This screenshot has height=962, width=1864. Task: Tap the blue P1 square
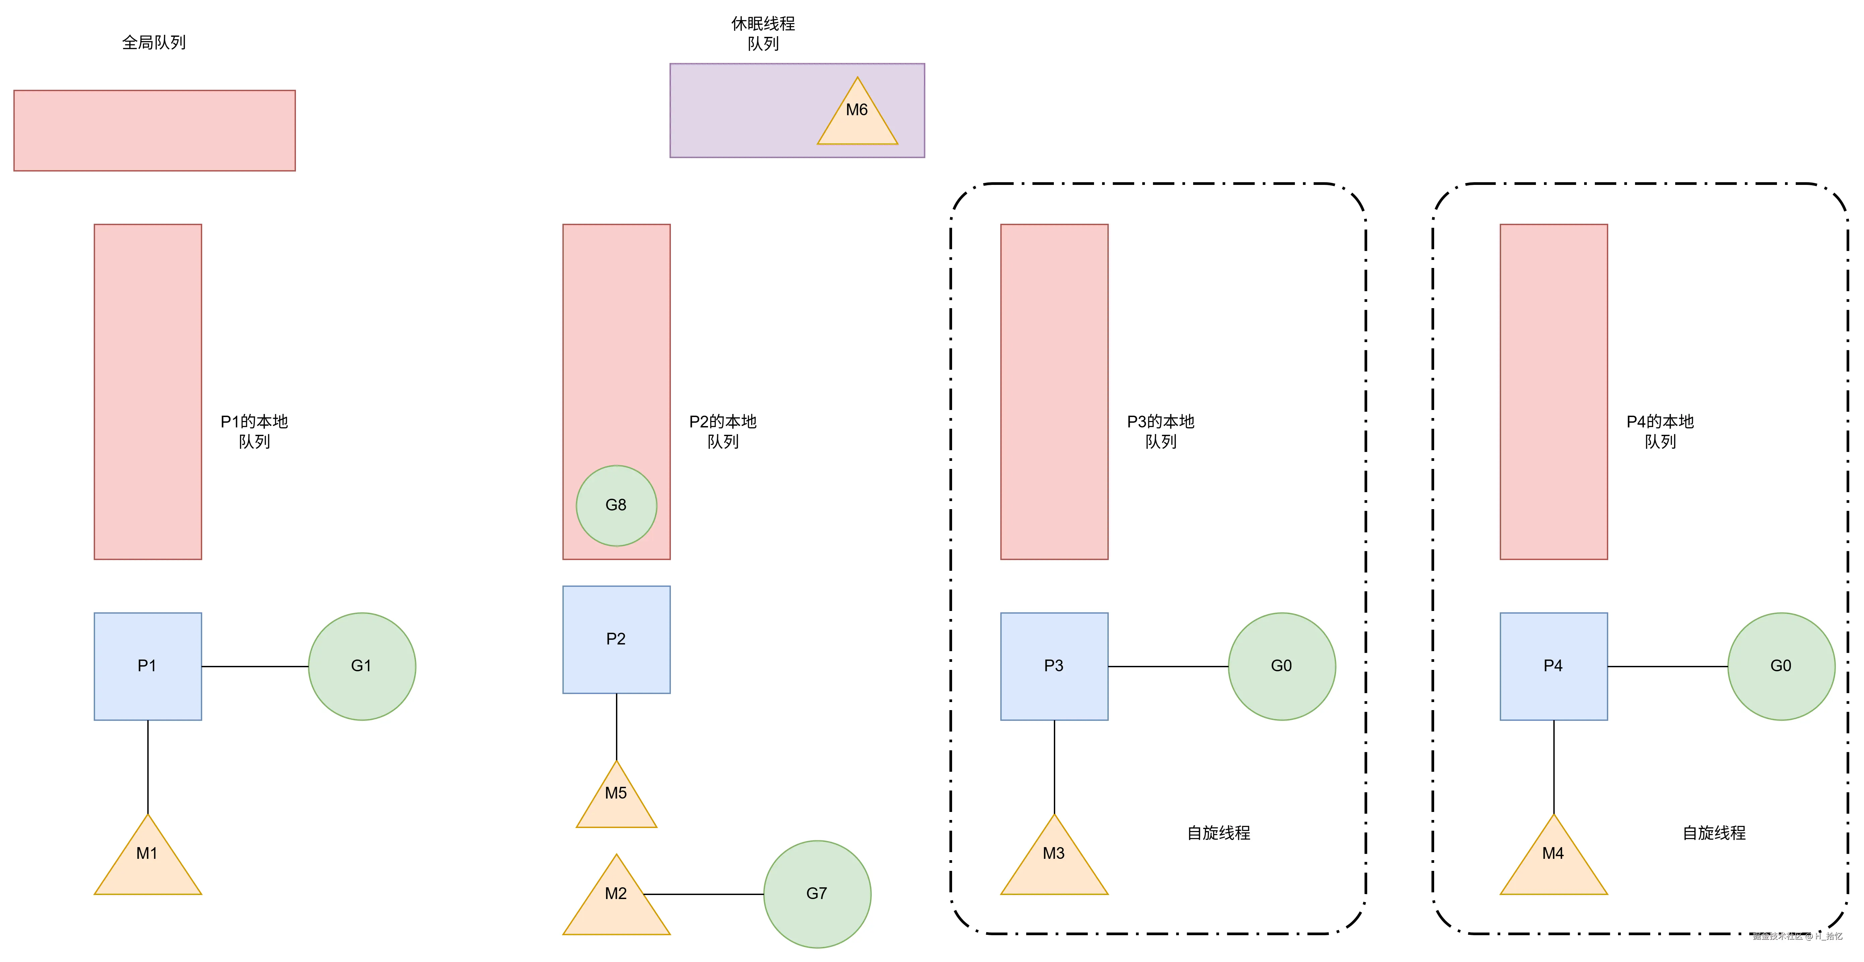148,666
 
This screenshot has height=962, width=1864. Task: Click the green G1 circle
362,666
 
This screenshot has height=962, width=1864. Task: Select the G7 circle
817,894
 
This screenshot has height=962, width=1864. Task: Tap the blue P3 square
1054,666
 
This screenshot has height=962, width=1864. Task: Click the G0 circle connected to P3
1281,666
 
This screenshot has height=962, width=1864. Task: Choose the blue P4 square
1554,666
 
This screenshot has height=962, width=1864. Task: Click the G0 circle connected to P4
1781,666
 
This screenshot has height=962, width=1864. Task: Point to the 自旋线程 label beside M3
1219,833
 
